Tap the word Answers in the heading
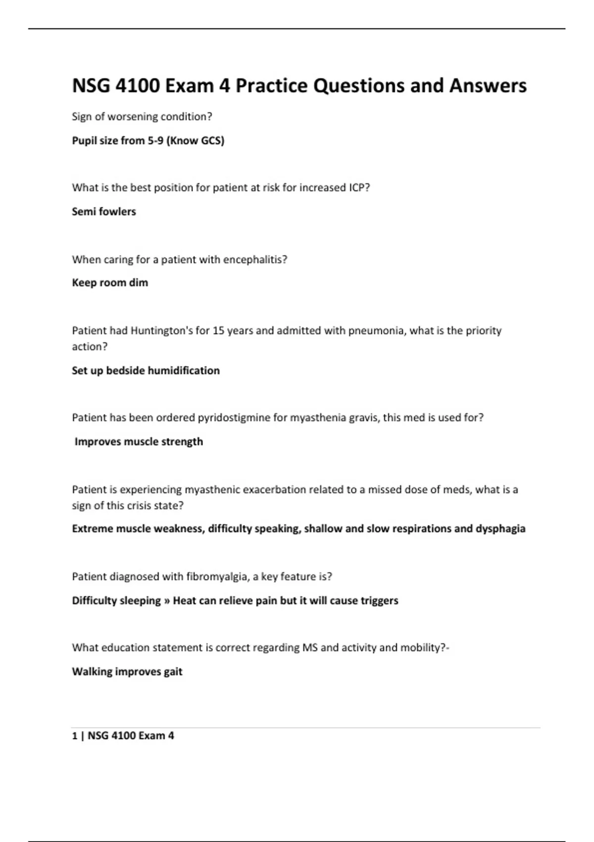(x=488, y=86)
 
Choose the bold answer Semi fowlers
(x=104, y=211)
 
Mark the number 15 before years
(x=218, y=331)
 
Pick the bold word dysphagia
(x=500, y=529)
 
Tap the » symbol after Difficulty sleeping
(x=167, y=601)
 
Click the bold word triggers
(x=380, y=601)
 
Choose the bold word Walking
(x=92, y=672)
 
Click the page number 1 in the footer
(x=75, y=736)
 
